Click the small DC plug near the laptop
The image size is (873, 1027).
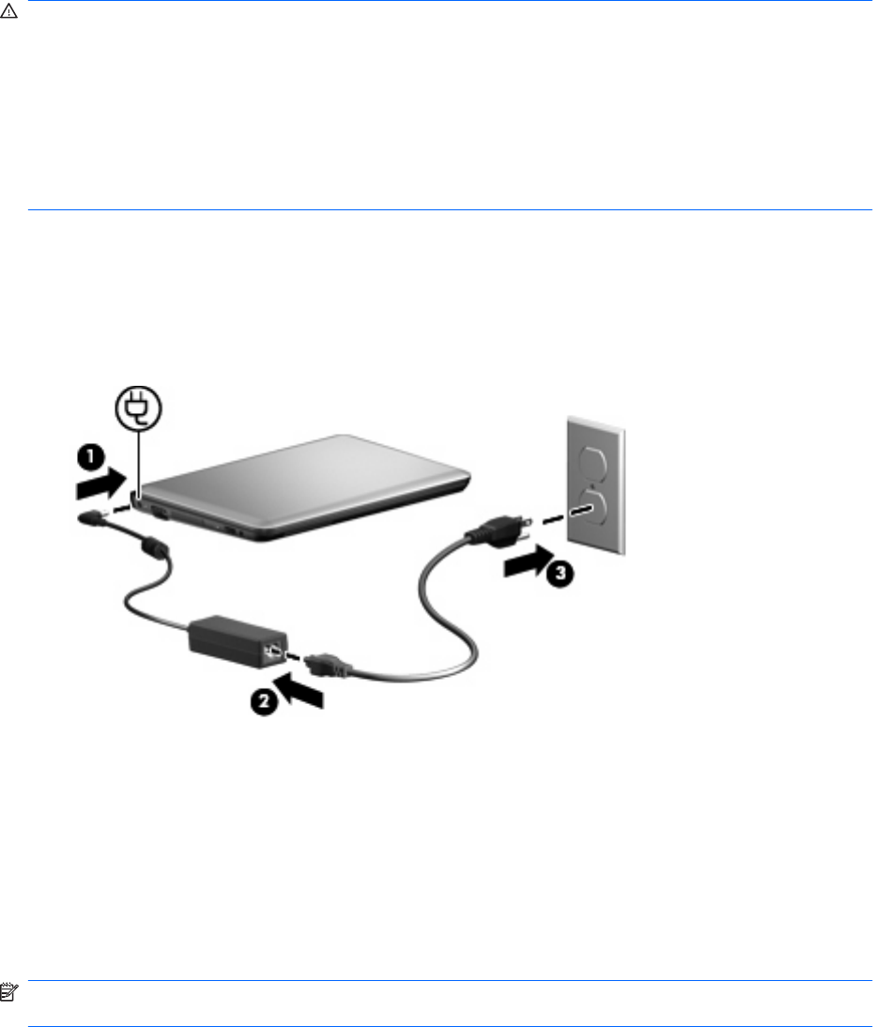pyautogui.click(x=93, y=515)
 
